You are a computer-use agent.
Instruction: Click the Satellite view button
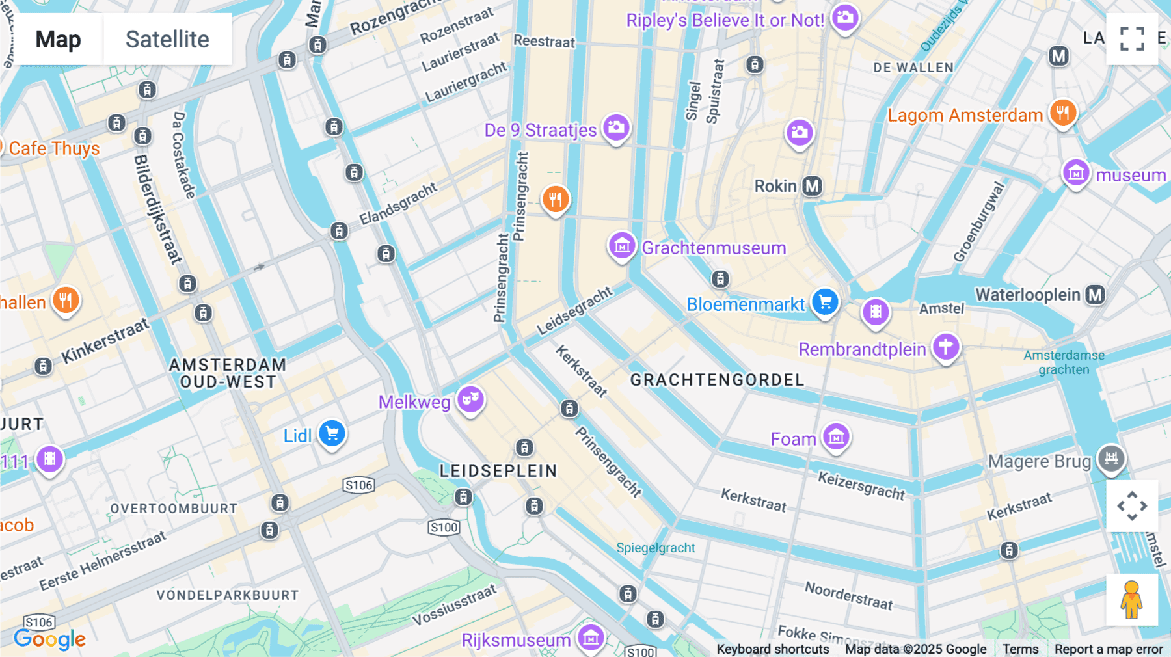(167, 40)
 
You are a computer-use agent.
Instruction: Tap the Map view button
(59, 40)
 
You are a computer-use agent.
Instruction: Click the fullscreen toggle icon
(1132, 39)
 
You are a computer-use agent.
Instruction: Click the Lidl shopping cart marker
(332, 433)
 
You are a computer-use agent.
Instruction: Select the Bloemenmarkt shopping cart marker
(825, 302)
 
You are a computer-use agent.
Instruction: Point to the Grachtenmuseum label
(714, 248)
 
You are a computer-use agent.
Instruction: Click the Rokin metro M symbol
(812, 187)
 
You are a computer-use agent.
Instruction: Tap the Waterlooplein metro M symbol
(1096, 295)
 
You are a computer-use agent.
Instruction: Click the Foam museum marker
(836, 436)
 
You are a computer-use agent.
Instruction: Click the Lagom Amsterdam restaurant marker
(1062, 113)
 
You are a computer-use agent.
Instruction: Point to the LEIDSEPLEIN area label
(498, 471)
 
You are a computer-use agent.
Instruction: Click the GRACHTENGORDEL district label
(717, 380)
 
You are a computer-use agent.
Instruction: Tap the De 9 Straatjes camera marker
(615, 127)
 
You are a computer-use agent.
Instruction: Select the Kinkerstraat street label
(105, 341)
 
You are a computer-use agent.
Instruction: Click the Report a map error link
(1109, 649)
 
